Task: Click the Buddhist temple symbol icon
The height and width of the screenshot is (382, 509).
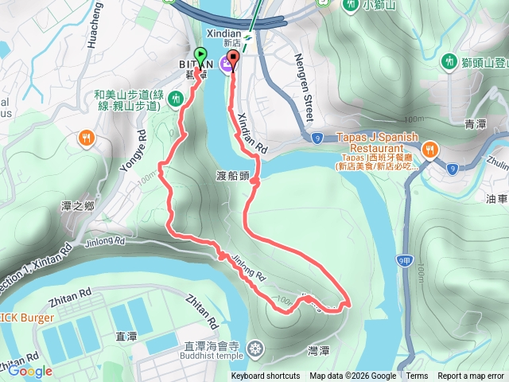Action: tap(254, 348)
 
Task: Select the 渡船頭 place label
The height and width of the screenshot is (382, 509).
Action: tap(232, 173)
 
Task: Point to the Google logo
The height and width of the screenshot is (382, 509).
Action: tap(31, 371)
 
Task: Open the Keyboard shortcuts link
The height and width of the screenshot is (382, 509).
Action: tap(266, 376)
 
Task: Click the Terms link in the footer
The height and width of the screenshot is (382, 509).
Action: tap(417, 376)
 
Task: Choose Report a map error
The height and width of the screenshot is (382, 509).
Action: tap(471, 376)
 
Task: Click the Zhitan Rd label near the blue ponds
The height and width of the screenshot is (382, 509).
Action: tap(201, 312)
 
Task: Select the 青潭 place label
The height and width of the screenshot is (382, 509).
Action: tap(475, 125)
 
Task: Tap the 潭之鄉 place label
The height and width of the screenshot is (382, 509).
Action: tap(78, 206)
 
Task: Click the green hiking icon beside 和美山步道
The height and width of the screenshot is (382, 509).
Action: tap(179, 98)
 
